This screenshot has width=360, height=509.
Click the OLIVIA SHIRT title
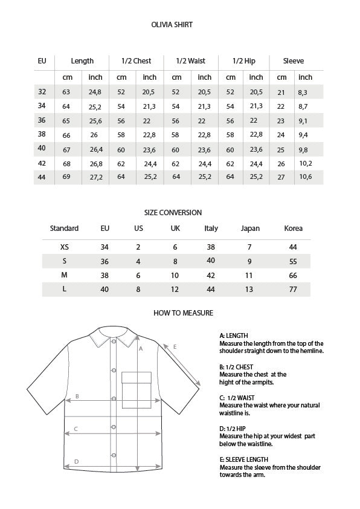(172, 25)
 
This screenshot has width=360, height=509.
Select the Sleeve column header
(294, 61)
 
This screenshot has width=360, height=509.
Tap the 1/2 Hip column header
(244, 61)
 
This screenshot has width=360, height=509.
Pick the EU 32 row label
(42, 92)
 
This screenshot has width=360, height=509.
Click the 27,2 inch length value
(95, 177)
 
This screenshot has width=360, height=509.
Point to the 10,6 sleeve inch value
(305, 177)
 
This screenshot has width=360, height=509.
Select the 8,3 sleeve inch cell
(303, 92)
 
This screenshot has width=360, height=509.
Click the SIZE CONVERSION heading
(173, 213)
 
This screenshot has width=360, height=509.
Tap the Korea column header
(294, 229)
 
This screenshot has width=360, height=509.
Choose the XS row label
(65, 247)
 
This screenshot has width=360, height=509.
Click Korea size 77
(294, 290)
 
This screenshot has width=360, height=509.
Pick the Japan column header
(250, 229)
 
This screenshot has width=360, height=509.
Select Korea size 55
(294, 261)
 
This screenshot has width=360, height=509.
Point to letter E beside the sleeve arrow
(175, 346)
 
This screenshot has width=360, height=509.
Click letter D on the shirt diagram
(76, 462)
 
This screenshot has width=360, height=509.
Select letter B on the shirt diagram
(77, 397)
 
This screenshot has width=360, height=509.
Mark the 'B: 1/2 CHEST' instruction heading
(236, 367)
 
